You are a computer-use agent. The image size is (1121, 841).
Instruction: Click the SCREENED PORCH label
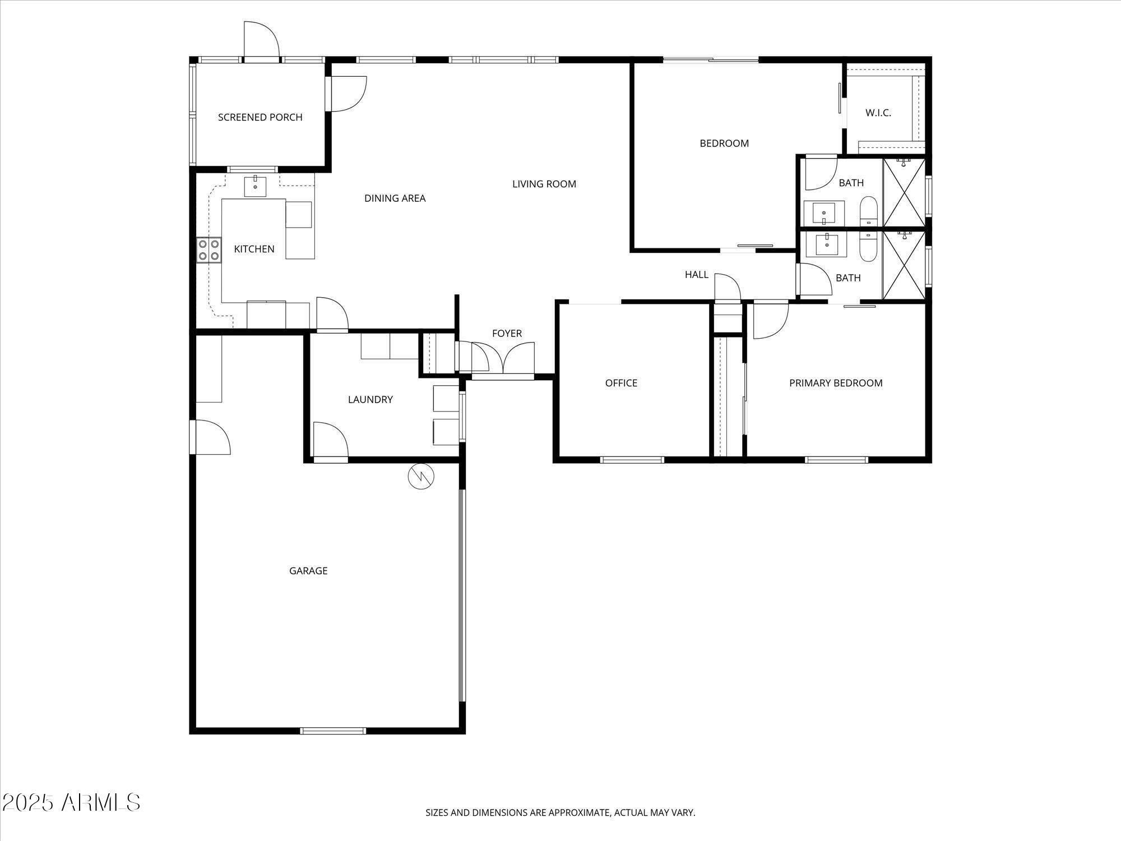coord(260,117)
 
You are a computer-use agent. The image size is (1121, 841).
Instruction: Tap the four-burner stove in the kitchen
coord(209,250)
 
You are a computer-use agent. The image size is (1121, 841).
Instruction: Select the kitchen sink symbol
coord(256,185)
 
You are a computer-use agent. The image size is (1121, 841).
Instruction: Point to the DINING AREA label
coord(395,198)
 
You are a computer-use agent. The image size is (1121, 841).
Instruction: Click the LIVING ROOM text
coord(544,184)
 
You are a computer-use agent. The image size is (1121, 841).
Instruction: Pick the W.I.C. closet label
coord(878,113)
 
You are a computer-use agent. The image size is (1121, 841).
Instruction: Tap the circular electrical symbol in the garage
coord(421,477)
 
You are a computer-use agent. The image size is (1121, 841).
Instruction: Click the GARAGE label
coord(308,571)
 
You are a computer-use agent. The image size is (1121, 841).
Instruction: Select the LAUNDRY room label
coord(370,399)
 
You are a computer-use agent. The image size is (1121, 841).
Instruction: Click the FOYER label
coord(507,334)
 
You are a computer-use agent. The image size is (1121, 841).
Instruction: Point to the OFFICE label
coord(621,383)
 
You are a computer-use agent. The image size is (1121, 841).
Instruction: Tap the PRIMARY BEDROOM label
coord(835,383)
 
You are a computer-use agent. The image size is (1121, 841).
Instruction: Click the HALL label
coord(696,275)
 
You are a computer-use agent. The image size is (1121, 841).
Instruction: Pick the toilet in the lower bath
coord(868,247)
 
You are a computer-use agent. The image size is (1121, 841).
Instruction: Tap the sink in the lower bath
coord(827,244)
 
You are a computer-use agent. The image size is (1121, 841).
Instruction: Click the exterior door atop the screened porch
coord(261,40)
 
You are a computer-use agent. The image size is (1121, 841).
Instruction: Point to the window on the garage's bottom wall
coord(333,731)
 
